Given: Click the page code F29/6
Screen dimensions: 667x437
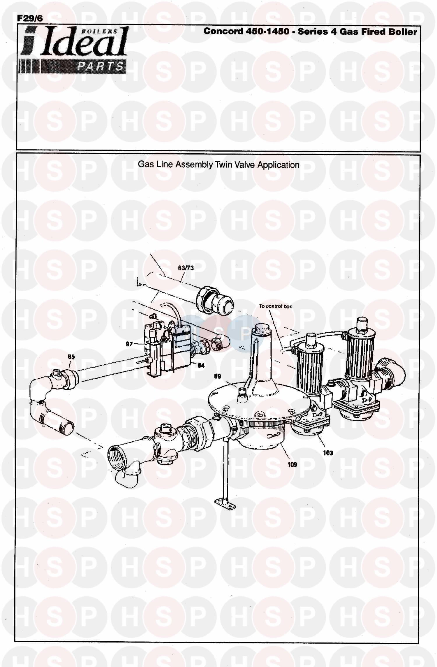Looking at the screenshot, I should [30, 18].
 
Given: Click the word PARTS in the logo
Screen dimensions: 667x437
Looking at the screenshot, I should [100, 67].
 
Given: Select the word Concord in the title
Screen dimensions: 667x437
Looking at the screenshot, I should [223, 31].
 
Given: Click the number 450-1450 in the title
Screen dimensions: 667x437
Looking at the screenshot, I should [267, 31].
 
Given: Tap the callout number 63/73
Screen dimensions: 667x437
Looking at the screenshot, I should [186, 268].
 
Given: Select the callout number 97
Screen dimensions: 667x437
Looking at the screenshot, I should [129, 344].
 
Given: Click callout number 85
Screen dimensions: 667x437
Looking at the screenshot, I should [71, 357].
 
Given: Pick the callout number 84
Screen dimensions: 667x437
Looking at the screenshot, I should [201, 366].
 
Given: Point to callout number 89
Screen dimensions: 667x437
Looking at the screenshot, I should [218, 376].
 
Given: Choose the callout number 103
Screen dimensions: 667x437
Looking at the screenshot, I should [328, 453].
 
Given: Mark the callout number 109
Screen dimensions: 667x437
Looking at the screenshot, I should [292, 464].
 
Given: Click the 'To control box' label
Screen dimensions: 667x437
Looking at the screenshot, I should [275, 306].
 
